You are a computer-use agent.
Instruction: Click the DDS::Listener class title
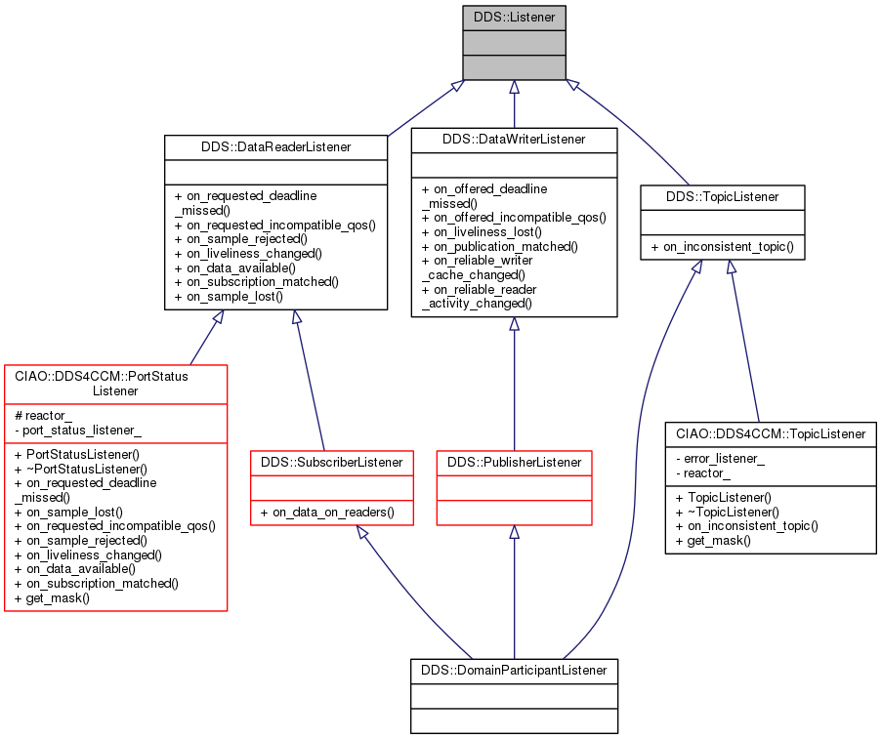(x=514, y=18)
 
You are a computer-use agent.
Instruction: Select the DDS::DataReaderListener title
(x=275, y=147)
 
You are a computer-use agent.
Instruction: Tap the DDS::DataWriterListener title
(x=514, y=140)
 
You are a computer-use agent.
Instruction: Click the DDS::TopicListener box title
(x=723, y=197)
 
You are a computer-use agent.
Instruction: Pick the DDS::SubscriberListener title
(x=333, y=462)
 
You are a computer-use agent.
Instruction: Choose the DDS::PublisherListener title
(x=514, y=462)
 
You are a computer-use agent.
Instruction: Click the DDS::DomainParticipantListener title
(x=514, y=671)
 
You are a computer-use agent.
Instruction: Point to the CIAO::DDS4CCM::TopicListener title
(x=770, y=433)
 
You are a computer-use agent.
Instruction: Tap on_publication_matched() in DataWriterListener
(x=500, y=247)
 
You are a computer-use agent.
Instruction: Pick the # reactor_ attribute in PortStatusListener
(x=44, y=416)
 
